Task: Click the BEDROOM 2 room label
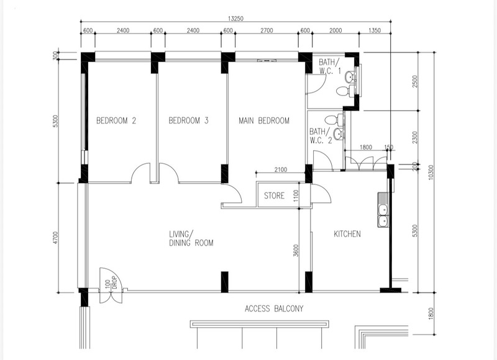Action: click(x=116, y=120)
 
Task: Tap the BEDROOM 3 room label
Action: click(x=189, y=120)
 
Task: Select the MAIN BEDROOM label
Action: click(x=264, y=120)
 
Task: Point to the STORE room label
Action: click(x=275, y=196)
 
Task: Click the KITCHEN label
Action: click(x=347, y=234)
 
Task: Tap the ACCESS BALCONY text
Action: click(x=274, y=308)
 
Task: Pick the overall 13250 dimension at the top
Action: click(x=235, y=19)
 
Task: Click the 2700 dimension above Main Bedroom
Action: click(x=267, y=30)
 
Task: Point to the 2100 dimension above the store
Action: click(x=281, y=169)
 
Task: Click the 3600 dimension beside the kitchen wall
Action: click(x=296, y=251)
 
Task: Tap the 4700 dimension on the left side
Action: click(x=56, y=238)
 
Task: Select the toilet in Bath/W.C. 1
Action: click(x=344, y=91)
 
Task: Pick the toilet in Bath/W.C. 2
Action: click(x=332, y=120)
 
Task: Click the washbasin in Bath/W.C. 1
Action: click(x=350, y=76)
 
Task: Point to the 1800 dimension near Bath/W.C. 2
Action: click(x=366, y=147)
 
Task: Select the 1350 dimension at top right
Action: click(x=375, y=30)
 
